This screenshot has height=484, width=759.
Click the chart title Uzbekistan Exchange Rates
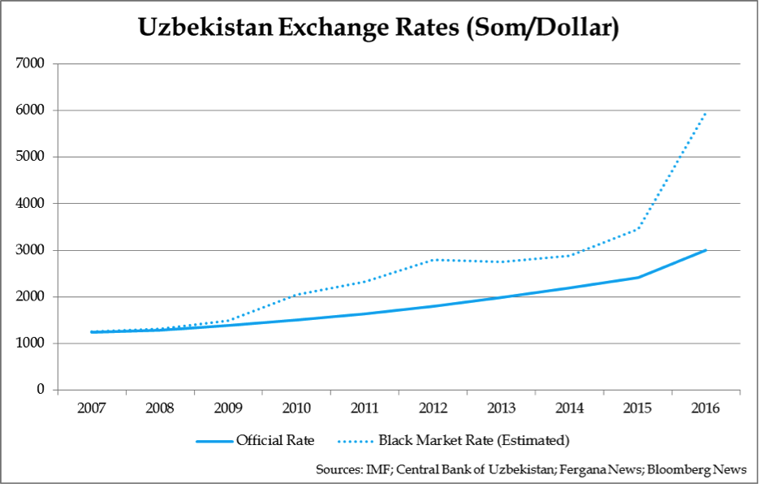379,28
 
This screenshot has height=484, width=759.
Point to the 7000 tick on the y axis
31,63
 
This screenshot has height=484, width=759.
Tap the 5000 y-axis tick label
31,157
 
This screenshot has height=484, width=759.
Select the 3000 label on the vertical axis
31,250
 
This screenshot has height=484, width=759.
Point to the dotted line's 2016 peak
705,113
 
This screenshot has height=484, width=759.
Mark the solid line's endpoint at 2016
705,250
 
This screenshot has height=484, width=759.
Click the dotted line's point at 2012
433,260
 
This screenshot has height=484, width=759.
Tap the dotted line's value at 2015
637,228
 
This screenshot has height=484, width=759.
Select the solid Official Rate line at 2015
637,278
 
